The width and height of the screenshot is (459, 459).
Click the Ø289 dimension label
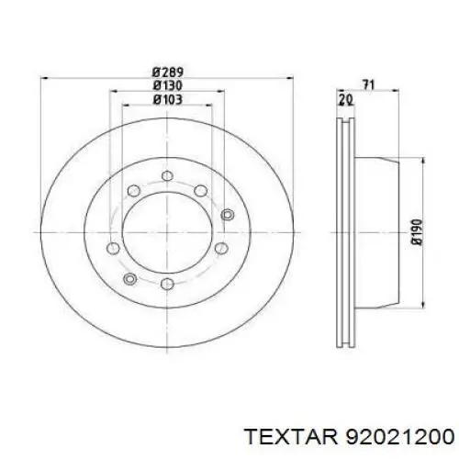click(168, 73)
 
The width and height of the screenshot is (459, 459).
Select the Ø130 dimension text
click(168, 85)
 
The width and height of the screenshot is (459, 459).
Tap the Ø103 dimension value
click(168, 99)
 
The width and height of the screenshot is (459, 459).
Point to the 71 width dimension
click(368, 84)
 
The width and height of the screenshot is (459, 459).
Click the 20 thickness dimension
click(345, 100)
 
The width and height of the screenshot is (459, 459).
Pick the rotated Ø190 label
click(417, 232)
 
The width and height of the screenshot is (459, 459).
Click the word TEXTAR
click(291, 436)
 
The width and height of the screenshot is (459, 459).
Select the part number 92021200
click(399, 436)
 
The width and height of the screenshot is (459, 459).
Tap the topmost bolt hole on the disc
click(167, 175)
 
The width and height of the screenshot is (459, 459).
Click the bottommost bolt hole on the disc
click(167, 284)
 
